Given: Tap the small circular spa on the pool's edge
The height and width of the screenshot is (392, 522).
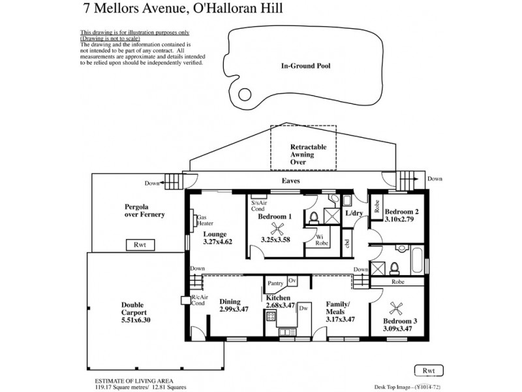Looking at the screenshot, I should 244,93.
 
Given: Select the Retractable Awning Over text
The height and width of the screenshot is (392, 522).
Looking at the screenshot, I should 303,155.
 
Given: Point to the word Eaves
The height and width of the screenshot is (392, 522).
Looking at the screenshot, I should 290,181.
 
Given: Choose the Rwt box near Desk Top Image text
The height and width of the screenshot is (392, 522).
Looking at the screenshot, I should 428,370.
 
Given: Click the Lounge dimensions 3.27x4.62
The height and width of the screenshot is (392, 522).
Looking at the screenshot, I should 219,242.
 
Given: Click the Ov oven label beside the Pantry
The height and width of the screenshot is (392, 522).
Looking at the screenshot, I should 292,280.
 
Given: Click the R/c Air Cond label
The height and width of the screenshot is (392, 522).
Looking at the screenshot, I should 198,300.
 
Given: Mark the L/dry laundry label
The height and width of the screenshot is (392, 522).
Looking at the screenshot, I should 355,214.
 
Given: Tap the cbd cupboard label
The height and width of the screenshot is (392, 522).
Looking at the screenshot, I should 348,243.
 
